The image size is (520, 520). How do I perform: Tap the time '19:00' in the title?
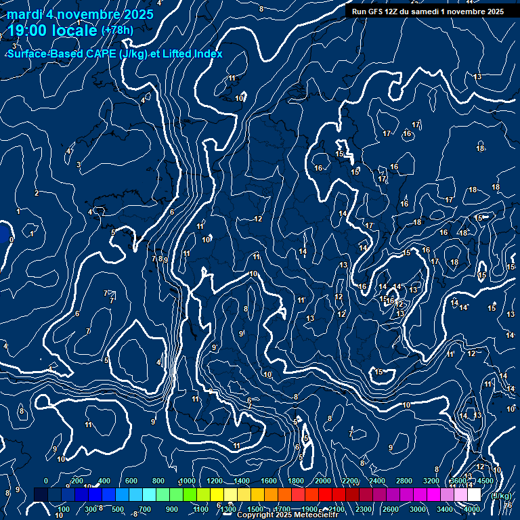(30, 30)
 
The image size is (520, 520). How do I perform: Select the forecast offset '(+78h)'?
(116, 30)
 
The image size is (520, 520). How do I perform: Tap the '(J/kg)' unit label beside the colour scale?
(500, 496)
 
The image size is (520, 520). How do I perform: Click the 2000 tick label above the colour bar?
(324, 481)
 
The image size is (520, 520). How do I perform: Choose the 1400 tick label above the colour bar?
(242, 481)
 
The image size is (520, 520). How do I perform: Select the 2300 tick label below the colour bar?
(364, 509)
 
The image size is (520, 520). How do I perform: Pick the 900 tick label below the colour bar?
(172, 509)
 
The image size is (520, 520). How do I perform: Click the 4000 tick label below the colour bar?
(472, 509)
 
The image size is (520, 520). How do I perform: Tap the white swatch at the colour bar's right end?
(474, 495)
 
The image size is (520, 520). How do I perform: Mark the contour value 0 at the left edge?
(12, 238)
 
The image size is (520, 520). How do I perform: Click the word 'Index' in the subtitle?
(209, 53)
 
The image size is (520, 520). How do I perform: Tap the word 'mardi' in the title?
(25, 15)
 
